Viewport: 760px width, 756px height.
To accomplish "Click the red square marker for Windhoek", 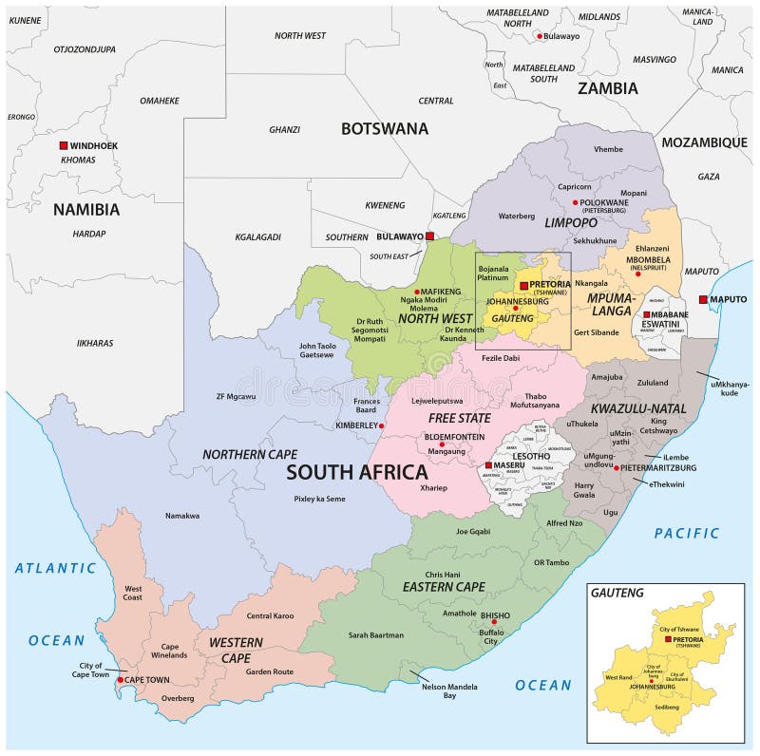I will pyautogui.click(x=64, y=145).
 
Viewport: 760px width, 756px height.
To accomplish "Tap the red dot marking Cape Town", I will pyautogui.click(x=120, y=680).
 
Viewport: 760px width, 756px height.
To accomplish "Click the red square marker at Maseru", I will pyautogui.click(x=488, y=465).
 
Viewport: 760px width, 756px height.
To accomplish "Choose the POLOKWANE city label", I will pyautogui.click(x=606, y=202).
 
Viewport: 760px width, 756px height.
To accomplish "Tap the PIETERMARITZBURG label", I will pyautogui.click(x=660, y=468).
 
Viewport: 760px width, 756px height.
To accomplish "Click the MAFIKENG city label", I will pyautogui.click(x=442, y=292).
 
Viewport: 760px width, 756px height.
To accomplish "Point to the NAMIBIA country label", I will pyautogui.click(x=85, y=210).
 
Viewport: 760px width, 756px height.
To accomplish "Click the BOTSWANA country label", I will pyautogui.click(x=385, y=128).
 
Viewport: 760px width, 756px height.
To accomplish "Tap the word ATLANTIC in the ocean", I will pyautogui.click(x=55, y=568).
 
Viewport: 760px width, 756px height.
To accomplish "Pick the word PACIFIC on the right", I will pyautogui.click(x=686, y=534).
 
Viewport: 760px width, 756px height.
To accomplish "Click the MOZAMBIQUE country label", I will pyautogui.click(x=704, y=142).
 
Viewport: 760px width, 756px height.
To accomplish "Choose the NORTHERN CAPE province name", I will pyautogui.click(x=246, y=454).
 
